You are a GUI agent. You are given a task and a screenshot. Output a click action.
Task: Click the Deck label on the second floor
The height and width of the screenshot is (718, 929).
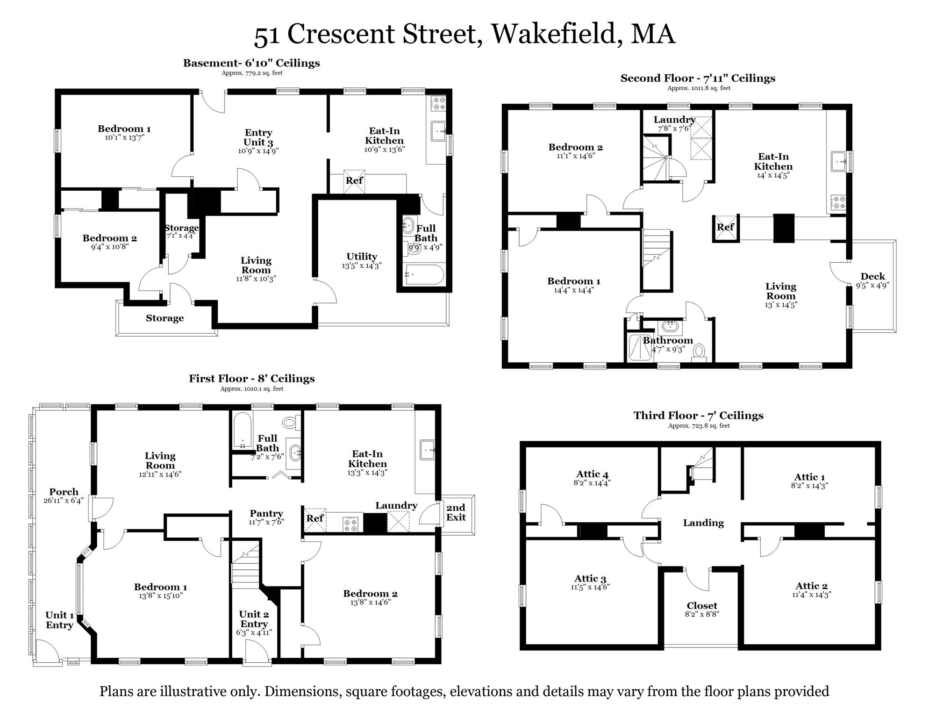pyautogui.click(x=872, y=276)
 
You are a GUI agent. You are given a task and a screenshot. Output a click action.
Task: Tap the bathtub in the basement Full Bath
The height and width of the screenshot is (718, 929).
pyautogui.click(x=424, y=275)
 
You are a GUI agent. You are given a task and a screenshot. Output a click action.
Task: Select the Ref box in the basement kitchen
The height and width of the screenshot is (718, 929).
pyautogui.click(x=354, y=181)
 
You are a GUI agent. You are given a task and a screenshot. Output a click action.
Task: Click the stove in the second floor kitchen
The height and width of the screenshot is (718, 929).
pyautogui.click(x=838, y=202)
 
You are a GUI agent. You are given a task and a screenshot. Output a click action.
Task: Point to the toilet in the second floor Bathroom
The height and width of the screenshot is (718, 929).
pyautogui.click(x=699, y=350)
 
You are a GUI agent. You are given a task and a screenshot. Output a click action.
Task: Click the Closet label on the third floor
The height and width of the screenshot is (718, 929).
pyautogui.click(x=702, y=606)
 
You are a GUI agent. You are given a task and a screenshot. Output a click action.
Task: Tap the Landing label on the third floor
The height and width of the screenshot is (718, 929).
pyautogui.click(x=703, y=523)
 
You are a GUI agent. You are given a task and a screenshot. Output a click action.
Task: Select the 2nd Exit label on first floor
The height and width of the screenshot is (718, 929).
pyautogui.click(x=456, y=512)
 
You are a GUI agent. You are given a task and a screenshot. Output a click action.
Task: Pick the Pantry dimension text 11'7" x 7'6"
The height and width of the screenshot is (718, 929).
pyautogui.click(x=266, y=522)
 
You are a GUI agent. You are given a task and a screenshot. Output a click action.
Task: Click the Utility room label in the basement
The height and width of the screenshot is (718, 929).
pyautogui.click(x=362, y=257)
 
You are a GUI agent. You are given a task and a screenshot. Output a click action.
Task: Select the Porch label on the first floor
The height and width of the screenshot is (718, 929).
pyautogui.click(x=64, y=492)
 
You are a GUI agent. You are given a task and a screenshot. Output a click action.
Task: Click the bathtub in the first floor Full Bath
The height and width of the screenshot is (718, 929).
pyautogui.click(x=242, y=430)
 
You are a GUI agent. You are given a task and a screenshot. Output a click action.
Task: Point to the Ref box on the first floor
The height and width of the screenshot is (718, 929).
pyautogui.click(x=315, y=519)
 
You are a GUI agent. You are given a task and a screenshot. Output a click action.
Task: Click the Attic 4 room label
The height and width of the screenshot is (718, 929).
pyautogui.click(x=592, y=474)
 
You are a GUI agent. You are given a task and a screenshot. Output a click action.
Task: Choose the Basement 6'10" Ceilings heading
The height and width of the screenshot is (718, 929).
pyautogui.click(x=251, y=63)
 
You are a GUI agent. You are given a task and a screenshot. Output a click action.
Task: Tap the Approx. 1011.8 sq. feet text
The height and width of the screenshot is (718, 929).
pyautogui.click(x=699, y=88)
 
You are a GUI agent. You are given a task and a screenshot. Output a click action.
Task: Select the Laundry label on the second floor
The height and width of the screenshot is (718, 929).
pyautogui.click(x=674, y=120)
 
